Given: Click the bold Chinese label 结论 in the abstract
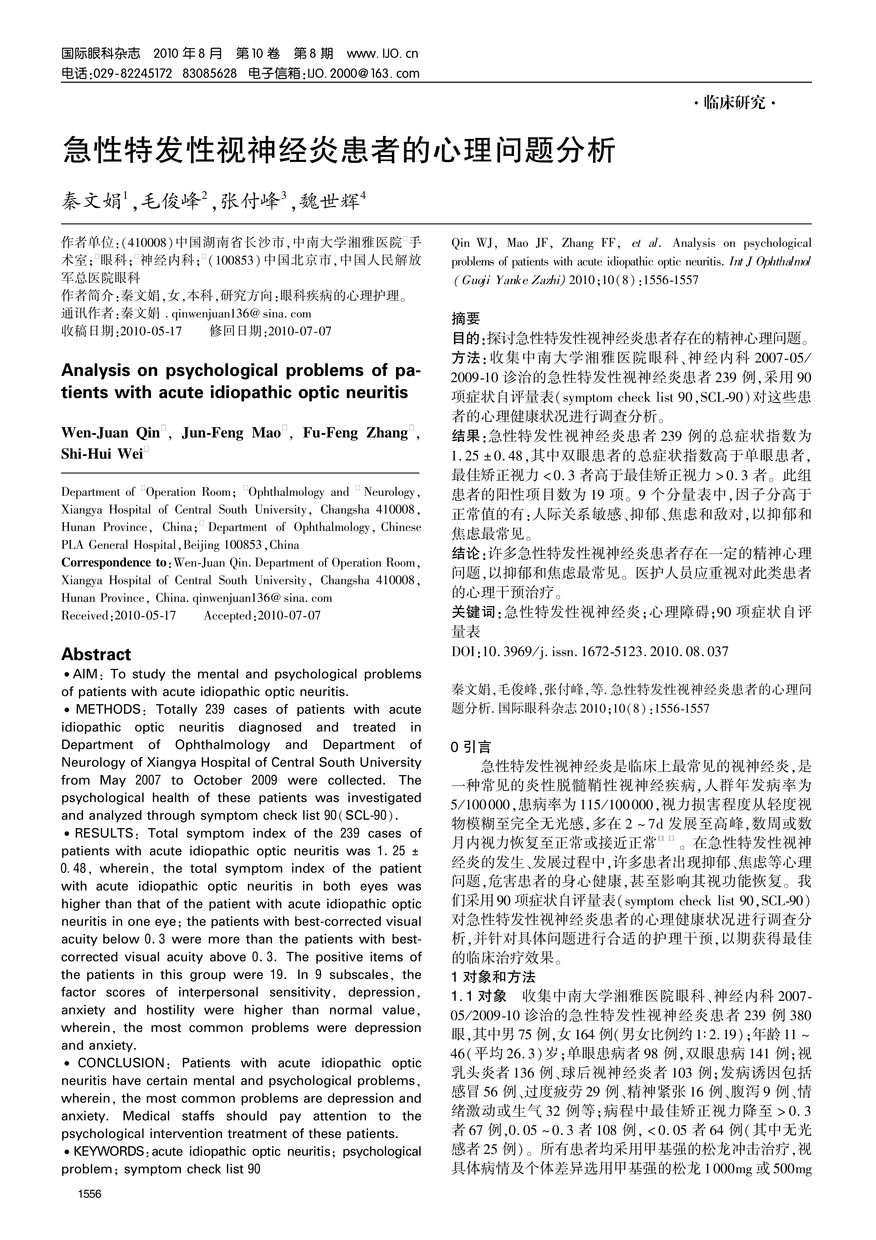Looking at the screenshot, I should (x=465, y=554).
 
